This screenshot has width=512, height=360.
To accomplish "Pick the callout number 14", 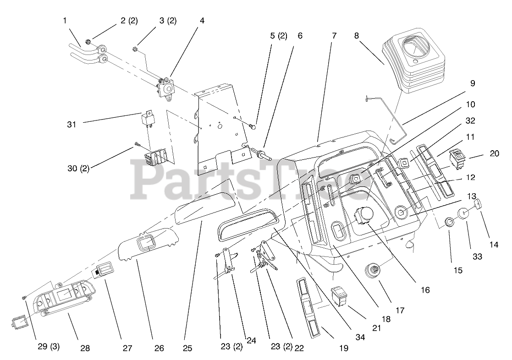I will pos(493,245).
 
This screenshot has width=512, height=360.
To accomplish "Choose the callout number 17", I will pos(400,310).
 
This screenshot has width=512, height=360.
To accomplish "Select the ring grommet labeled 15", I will pos(450,223).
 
